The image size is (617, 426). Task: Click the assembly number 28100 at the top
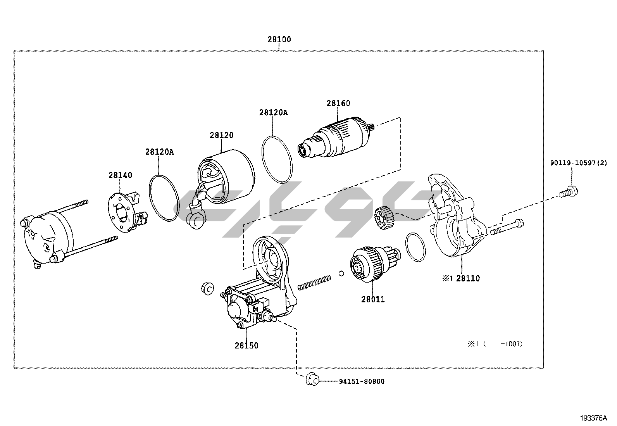click(279, 40)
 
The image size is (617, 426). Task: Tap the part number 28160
click(338, 103)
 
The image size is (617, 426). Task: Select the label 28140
click(120, 175)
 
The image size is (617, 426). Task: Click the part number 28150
click(246, 345)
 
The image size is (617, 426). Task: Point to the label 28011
click(373, 299)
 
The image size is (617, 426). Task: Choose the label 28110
click(468, 278)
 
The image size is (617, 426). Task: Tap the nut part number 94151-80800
click(362, 381)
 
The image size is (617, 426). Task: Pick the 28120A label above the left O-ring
click(160, 152)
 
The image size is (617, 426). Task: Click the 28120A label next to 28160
click(274, 112)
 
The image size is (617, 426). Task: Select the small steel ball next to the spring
click(341, 274)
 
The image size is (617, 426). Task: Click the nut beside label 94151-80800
click(312, 379)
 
